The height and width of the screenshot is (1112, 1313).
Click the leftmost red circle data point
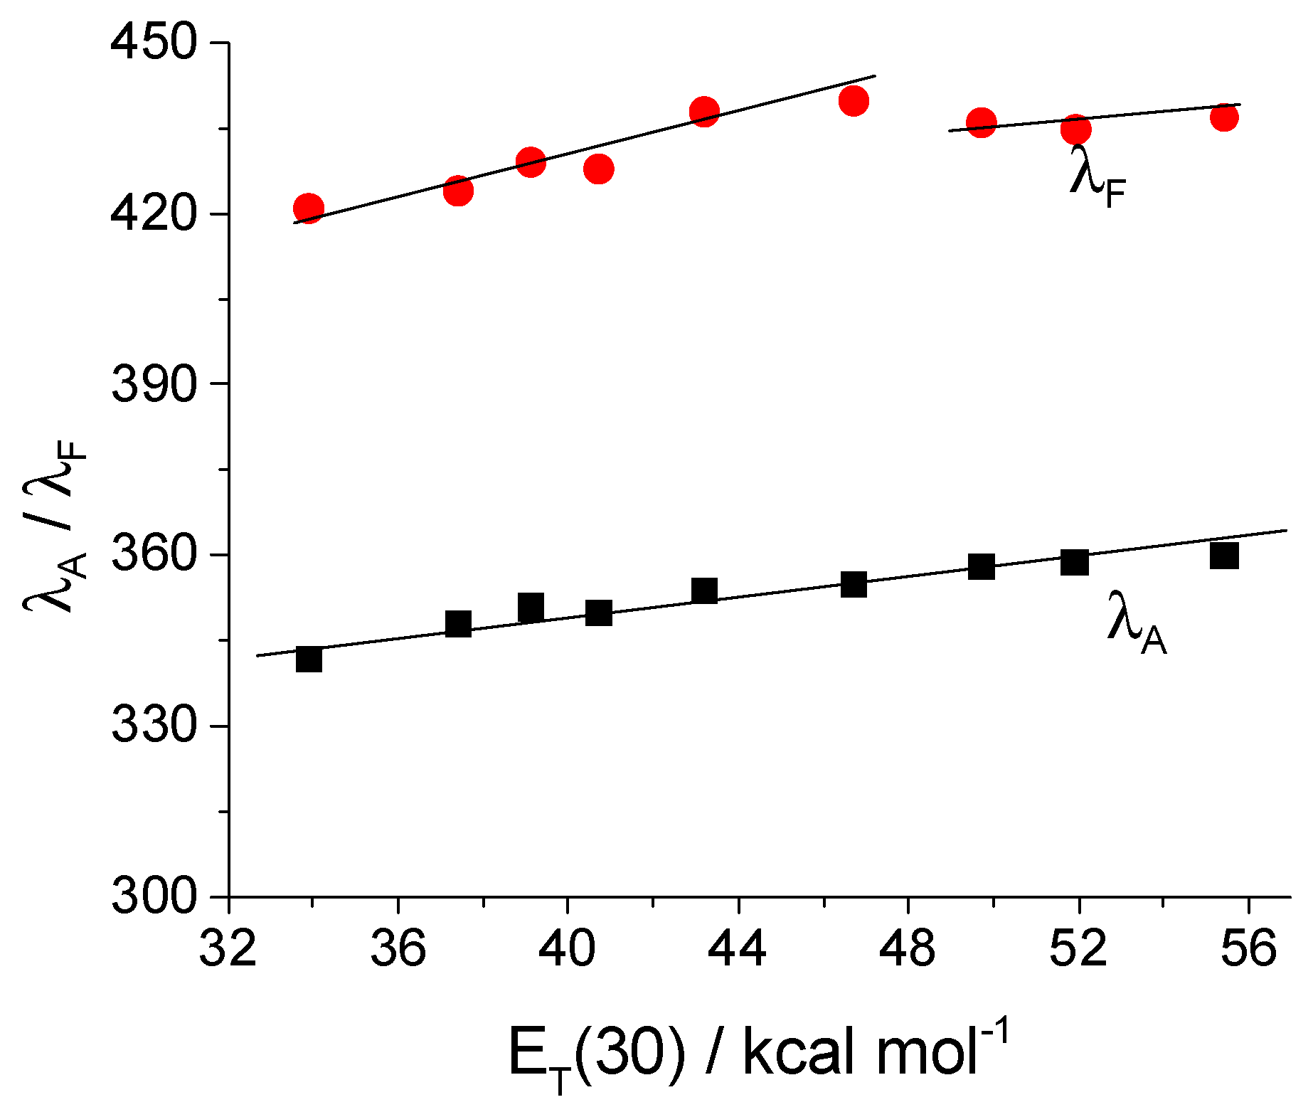(x=308, y=208)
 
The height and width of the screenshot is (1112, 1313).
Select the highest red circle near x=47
(x=854, y=101)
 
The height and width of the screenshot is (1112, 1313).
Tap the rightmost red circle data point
(x=1225, y=117)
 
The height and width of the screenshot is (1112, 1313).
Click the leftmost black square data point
(x=309, y=660)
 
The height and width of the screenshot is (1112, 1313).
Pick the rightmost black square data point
(x=1225, y=555)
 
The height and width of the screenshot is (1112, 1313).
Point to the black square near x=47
(x=854, y=584)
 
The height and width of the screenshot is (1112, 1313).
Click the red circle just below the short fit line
(x=1075, y=129)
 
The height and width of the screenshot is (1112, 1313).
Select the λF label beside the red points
(x=1096, y=176)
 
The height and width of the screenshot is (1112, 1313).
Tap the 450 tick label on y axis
(x=152, y=43)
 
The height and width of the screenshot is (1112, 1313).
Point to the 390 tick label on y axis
(x=152, y=383)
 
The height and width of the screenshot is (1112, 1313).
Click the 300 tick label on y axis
(x=152, y=896)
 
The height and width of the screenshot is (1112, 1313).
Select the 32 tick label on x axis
(x=228, y=950)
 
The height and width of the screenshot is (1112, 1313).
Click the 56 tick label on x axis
(x=1249, y=950)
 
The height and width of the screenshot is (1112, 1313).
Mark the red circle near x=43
(x=704, y=112)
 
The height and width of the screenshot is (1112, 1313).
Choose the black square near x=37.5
(x=458, y=624)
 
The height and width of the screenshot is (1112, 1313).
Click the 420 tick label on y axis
(x=152, y=213)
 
